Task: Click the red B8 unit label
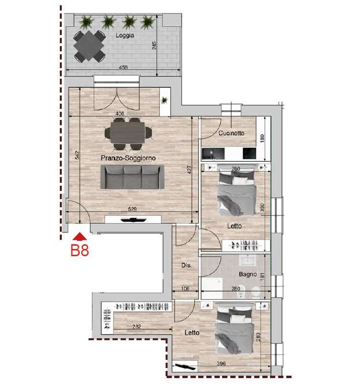pyautogui.click(x=79, y=250)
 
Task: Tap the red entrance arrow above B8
pyautogui.click(x=80, y=237)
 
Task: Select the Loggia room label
pyautogui.click(x=125, y=36)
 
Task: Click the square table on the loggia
pyautogui.click(x=90, y=46)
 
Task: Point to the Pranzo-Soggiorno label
pyautogui.click(x=128, y=158)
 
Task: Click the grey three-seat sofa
pyautogui.click(x=132, y=177)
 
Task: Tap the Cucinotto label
pyautogui.click(x=231, y=133)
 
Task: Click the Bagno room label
pyautogui.click(x=247, y=274)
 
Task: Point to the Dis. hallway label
pyautogui.click(x=186, y=265)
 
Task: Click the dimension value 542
pyautogui.click(x=78, y=155)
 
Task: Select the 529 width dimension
pyautogui.click(x=132, y=209)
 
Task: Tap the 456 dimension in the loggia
pyautogui.click(x=123, y=67)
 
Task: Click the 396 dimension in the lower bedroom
pyautogui.click(x=221, y=364)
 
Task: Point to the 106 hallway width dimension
pyautogui.click(x=185, y=289)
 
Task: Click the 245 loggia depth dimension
pyautogui.click(x=154, y=45)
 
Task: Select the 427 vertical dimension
pyautogui.click(x=189, y=170)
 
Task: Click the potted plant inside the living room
pyautogui.click(x=164, y=100)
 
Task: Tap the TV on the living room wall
pyautogui.click(x=133, y=220)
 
